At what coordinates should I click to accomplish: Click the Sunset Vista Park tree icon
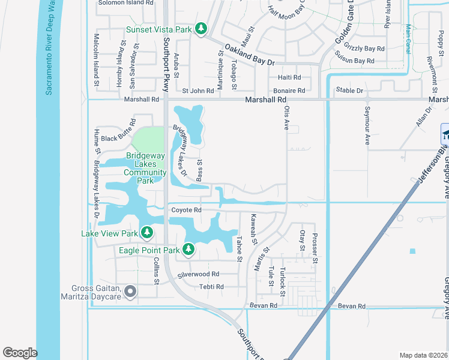201,29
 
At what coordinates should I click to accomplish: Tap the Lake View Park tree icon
146,232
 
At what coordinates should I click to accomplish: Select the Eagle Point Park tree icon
188,248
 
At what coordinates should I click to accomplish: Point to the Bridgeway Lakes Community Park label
145,167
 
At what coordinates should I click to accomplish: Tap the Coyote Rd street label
186,210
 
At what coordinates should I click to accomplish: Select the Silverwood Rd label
199,274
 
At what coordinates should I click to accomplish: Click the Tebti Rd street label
211,287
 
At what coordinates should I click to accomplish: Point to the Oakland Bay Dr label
250,54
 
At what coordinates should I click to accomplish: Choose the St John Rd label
198,91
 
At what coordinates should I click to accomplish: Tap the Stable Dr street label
350,91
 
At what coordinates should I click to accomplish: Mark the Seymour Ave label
367,126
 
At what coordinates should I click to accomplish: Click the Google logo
20,353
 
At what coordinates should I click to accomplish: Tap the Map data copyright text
424,355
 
